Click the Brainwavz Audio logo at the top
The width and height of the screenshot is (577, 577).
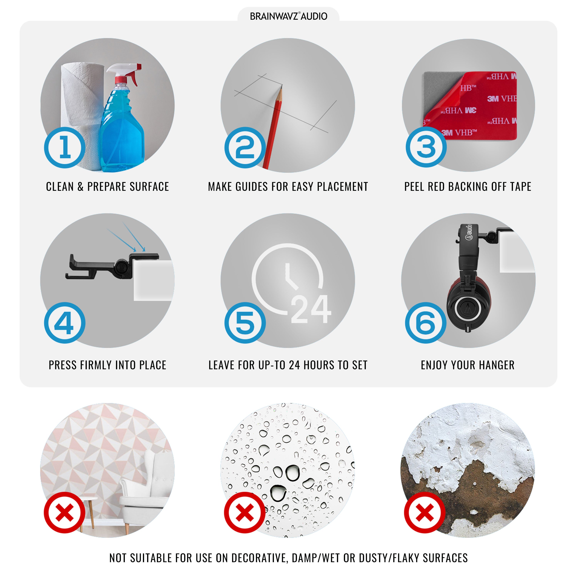tap(288, 16)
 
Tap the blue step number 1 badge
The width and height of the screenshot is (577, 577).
tap(65, 148)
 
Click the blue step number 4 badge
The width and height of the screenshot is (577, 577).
tap(65, 323)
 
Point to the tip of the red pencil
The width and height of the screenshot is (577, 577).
tap(281, 86)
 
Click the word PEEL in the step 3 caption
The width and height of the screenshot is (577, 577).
tap(414, 187)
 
